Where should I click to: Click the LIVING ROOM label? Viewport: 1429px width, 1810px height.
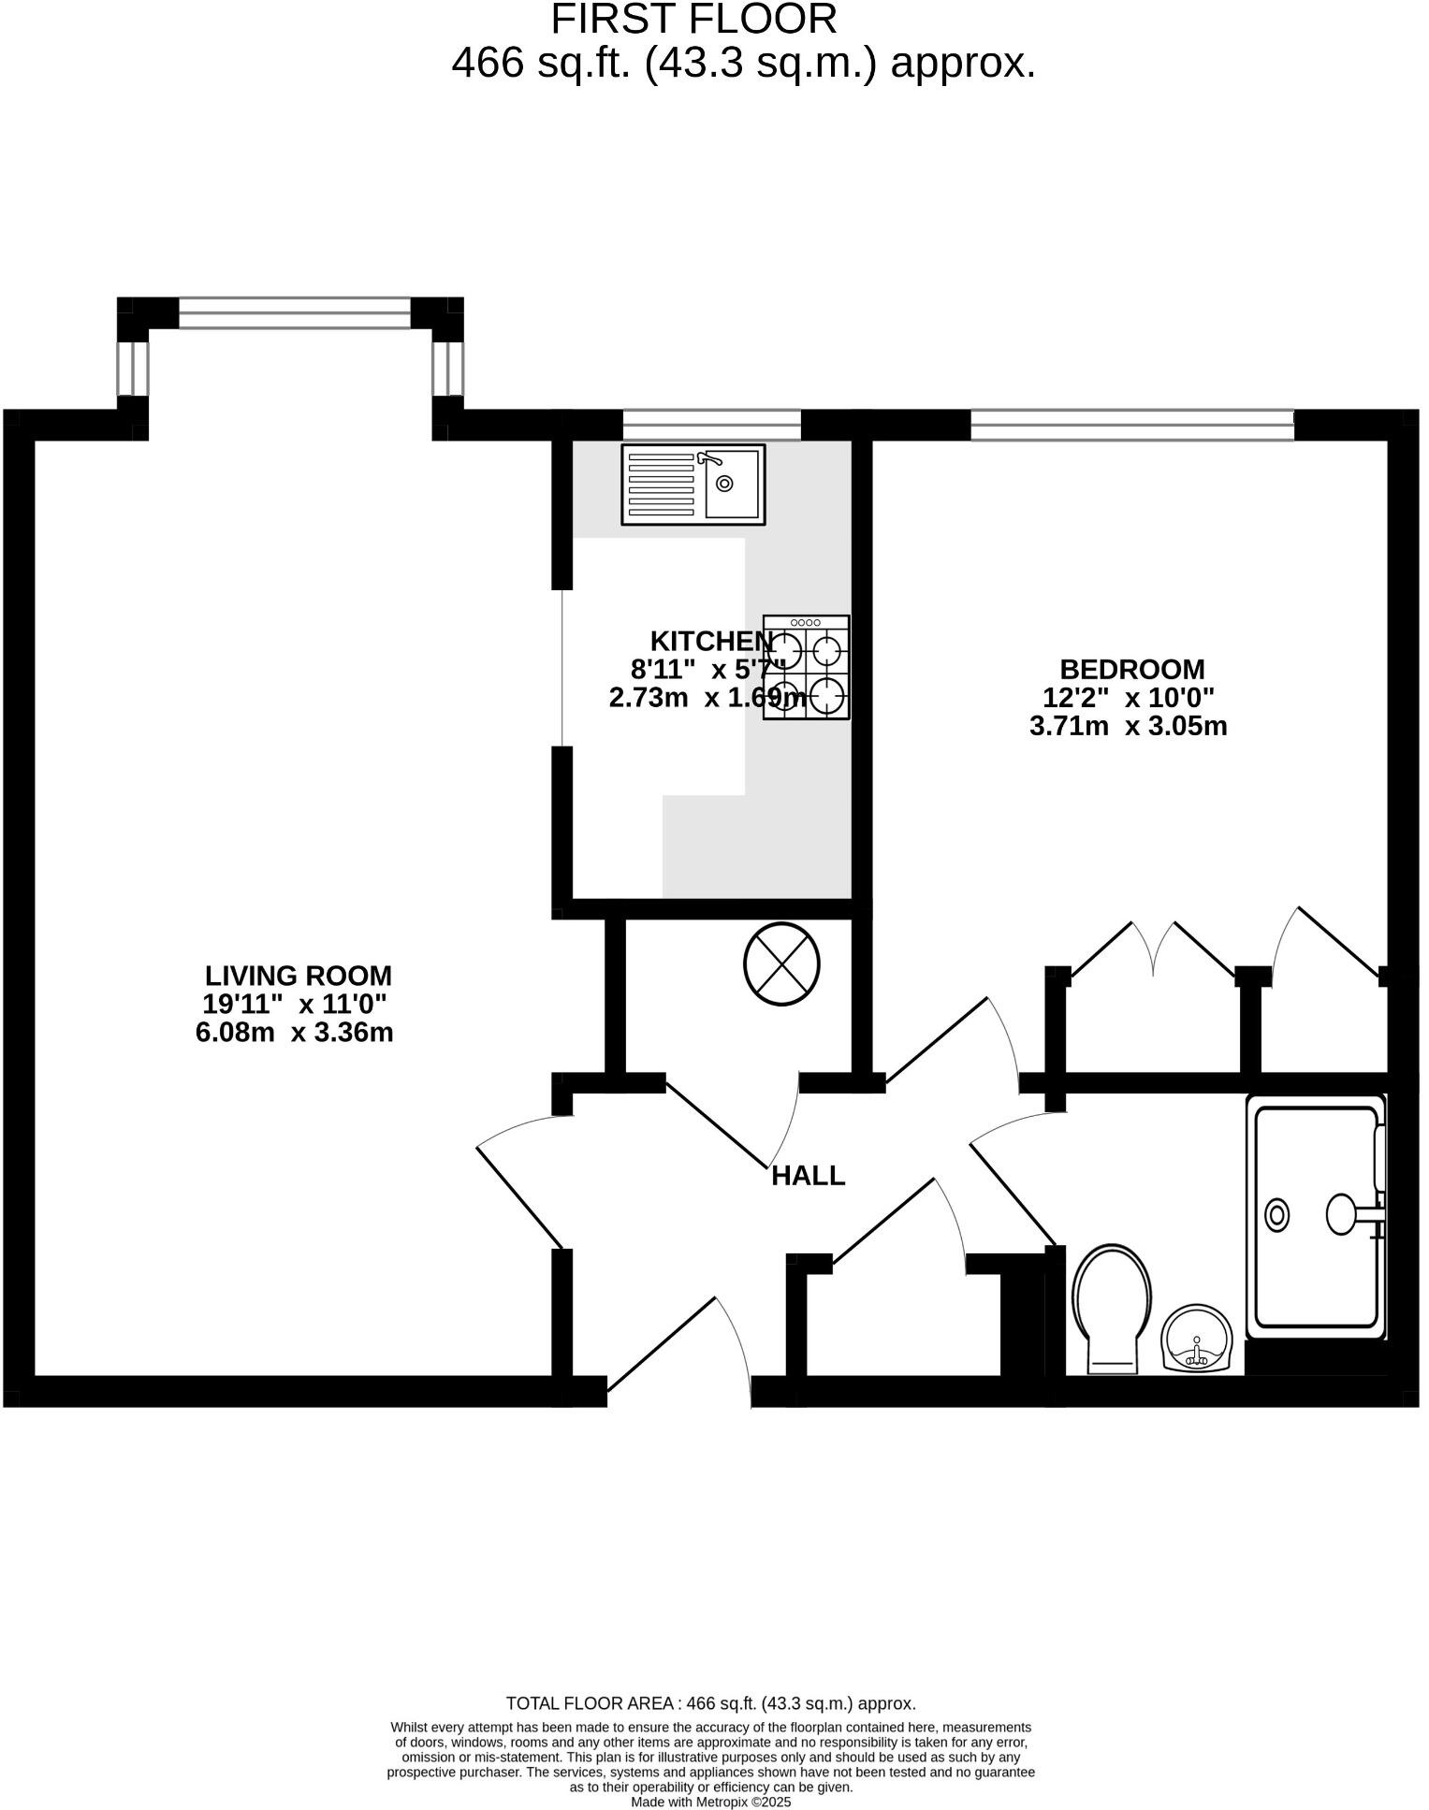coord(298,976)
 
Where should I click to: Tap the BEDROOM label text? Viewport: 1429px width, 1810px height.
coord(1131,669)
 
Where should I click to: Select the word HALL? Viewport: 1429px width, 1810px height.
coord(808,1176)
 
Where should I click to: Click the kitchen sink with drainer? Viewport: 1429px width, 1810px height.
coord(693,484)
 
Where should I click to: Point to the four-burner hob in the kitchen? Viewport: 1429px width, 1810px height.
coord(806,667)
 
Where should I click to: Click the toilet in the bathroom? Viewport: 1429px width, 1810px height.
coord(1112,1307)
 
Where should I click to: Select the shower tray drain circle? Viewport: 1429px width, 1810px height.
coord(1276,1215)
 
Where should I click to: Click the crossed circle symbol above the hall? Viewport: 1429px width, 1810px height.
coord(781,963)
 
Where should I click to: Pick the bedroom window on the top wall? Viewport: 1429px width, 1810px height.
coord(1131,425)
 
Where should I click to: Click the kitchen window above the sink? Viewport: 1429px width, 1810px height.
coord(711,425)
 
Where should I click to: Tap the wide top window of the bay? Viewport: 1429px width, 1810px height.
coord(294,312)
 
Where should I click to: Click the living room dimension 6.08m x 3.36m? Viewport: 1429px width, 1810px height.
coord(294,1033)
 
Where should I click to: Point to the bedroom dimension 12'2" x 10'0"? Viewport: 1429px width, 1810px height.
coord(1128,698)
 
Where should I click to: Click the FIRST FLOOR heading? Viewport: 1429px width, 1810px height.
coord(693,19)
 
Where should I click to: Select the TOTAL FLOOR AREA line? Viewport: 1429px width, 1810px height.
coord(710,1703)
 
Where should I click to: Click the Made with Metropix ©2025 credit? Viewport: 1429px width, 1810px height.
coord(710,1802)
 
